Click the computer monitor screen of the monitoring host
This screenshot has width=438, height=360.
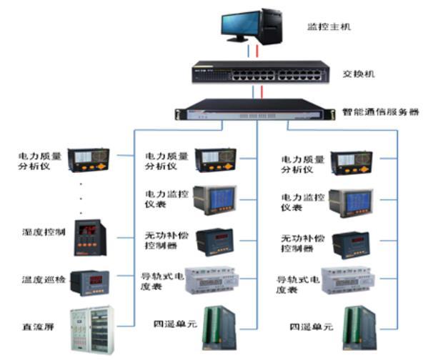239,26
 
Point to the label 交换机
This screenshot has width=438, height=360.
358,74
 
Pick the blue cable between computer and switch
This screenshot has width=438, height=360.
249,52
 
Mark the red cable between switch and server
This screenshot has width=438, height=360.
262,91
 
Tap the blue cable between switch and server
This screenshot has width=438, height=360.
253,91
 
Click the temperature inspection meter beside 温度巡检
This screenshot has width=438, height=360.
91,280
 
